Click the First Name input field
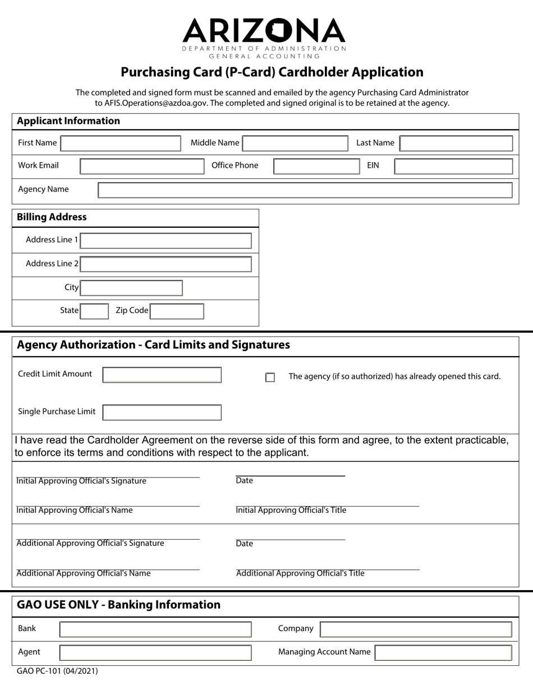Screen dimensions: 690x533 click(121, 143)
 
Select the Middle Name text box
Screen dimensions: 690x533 click(295, 143)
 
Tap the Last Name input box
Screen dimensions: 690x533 click(456, 143)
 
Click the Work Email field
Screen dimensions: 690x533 click(142, 166)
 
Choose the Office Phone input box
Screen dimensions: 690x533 click(316, 166)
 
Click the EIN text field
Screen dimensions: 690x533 click(453, 166)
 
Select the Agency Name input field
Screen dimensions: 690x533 click(305, 190)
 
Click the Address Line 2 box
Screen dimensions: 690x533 click(166, 264)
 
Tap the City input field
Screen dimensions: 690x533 click(131, 288)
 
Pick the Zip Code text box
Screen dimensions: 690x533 click(177, 311)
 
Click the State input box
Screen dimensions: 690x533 click(94, 311)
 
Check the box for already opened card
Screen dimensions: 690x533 click(270, 378)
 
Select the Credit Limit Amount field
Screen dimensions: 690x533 click(162, 375)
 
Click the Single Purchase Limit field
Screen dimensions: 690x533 click(162, 412)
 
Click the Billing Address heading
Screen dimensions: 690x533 click(52, 217)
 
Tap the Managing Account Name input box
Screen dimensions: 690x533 click(443, 652)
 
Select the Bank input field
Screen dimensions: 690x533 click(155, 629)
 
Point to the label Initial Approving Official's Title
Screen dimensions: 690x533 click(291, 510)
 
